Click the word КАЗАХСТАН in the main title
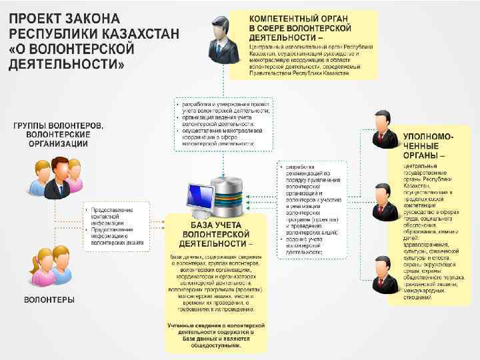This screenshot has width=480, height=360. (100, 33)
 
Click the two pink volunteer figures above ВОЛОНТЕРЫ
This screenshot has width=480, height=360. (50, 267)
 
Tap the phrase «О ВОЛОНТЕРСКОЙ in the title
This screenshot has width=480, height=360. (71, 49)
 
